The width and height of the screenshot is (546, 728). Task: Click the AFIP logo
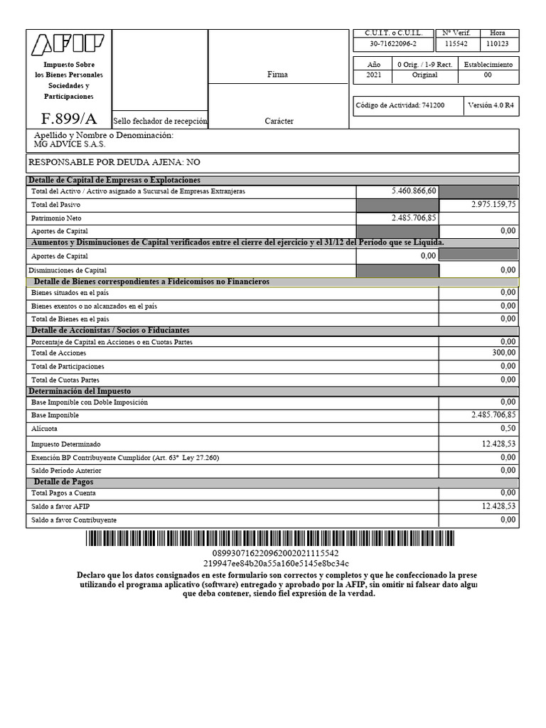tap(68, 45)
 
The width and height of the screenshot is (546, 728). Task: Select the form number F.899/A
tap(68, 119)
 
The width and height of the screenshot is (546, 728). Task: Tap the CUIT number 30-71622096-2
tap(393, 44)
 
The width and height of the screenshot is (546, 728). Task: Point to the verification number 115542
tap(456, 44)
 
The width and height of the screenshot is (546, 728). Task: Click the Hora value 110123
tap(498, 44)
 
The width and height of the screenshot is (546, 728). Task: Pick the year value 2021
tap(373, 75)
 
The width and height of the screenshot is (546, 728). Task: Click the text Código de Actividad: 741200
tap(400, 105)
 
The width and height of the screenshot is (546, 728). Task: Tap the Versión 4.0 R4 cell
tap(491, 105)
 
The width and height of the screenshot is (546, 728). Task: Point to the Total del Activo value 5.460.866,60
tap(414, 191)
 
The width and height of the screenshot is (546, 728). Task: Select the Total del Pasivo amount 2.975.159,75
tap(493, 205)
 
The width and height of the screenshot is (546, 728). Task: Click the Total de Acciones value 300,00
tap(503, 353)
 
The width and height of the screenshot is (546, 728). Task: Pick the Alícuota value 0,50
tap(507, 429)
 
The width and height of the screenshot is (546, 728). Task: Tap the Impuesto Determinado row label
tap(66, 444)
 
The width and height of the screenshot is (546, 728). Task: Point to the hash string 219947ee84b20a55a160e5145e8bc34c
tap(276, 563)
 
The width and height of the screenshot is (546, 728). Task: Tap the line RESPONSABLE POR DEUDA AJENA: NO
tap(114, 162)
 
